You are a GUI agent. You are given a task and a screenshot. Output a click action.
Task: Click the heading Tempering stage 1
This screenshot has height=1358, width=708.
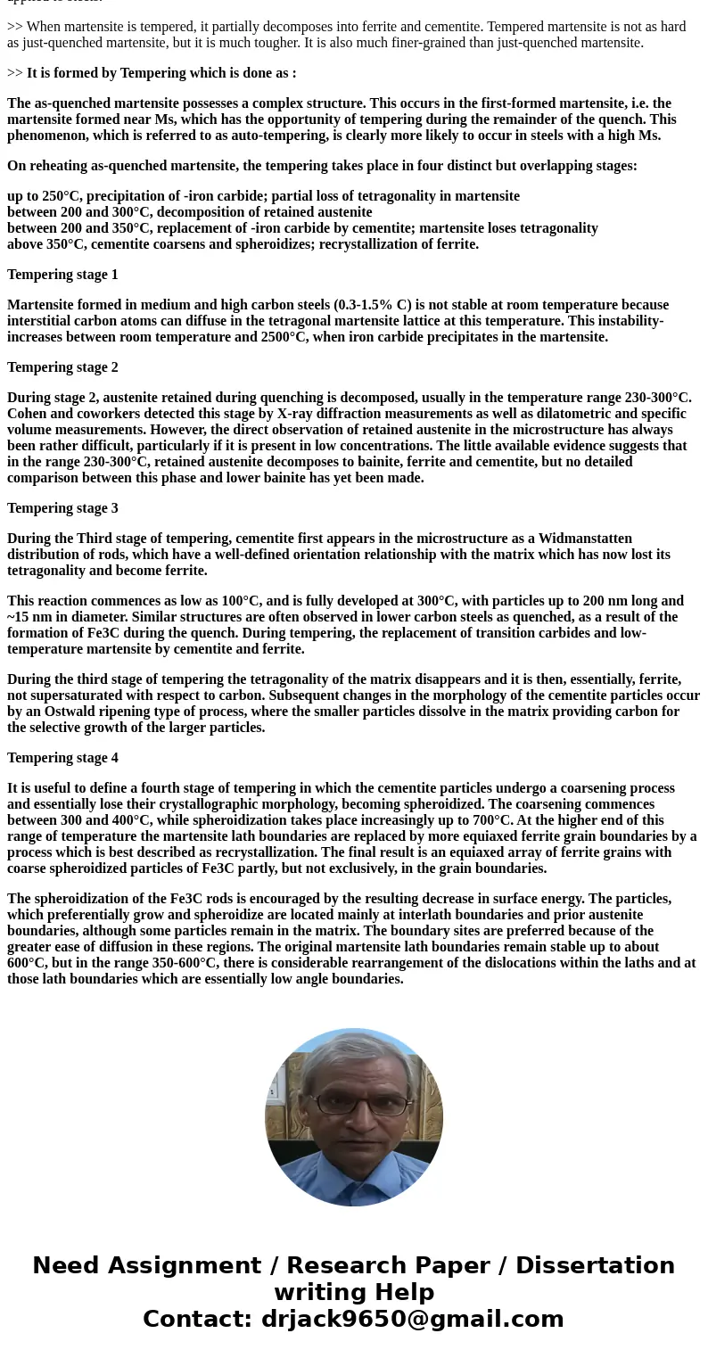pyautogui.click(x=62, y=275)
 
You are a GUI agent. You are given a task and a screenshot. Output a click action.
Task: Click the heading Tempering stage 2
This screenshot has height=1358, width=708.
pyautogui.click(x=62, y=367)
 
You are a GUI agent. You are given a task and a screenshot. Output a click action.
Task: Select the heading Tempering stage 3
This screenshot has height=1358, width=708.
pyautogui.click(x=62, y=508)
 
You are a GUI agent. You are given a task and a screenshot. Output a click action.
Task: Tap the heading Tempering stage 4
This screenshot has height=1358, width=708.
pyautogui.click(x=62, y=758)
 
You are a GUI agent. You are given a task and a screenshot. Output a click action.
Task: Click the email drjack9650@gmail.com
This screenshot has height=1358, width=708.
pyautogui.click(x=413, y=1320)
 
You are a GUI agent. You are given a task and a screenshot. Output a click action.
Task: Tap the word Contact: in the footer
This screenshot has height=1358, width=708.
pyautogui.click(x=198, y=1320)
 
